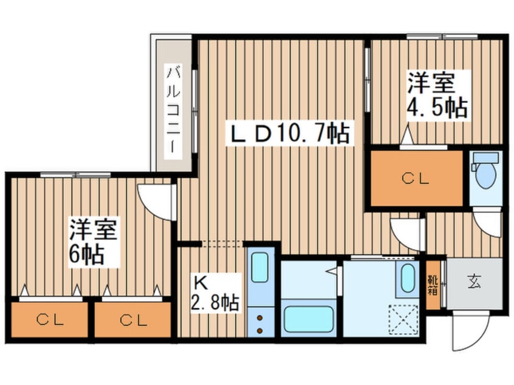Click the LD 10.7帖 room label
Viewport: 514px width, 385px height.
pos(289,134)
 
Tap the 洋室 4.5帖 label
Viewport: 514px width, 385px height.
pos(437,95)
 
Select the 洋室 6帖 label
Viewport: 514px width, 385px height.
pos(93,241)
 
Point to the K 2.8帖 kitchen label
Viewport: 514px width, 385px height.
pos(215,293)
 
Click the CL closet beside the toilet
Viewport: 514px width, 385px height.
pos(416,179)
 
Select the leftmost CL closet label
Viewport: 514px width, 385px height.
pos(50,320)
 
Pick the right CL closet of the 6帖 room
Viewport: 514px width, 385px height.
pos(133,320)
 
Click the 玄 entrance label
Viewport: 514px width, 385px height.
pos(475,282)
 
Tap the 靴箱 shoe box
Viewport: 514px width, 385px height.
pos(433,285)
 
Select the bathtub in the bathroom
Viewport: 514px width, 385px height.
pos(309,319)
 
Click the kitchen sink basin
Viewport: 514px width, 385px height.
pos(261,267)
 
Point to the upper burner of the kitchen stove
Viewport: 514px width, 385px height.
pos(260,318)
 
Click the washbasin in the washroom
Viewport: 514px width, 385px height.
pos(408,278)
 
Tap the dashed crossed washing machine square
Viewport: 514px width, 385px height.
pos(403,319)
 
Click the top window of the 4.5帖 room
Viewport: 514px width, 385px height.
pos(442,36)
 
